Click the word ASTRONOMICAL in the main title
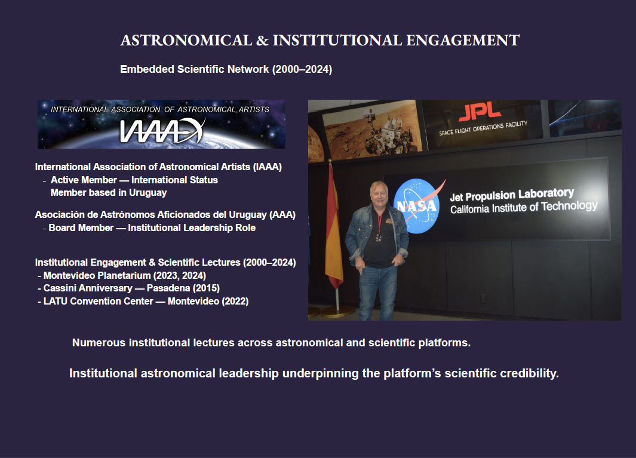click(x=186, y=40)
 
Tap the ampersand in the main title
click(x=262, y=40)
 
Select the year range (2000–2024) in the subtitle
click(x=302, y=69)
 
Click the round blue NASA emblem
click(x=417, y=206)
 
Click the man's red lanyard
click(x=379, y=223)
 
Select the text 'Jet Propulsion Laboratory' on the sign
click(x=512, y=195)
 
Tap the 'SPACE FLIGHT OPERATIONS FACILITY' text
click(x=483, y=128)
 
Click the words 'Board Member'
click(x=81, y=228)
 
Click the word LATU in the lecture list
click(x=56, y=301)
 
